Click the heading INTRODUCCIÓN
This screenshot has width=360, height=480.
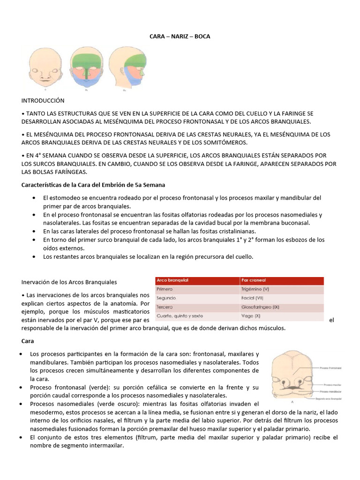(43, 100)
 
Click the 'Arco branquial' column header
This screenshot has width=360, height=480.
(172, 280)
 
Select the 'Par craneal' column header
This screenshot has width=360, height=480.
(254, 280)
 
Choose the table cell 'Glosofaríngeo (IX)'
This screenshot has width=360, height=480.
(260, 307)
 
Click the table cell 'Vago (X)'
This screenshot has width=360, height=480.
(251, 316)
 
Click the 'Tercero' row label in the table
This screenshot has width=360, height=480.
(165, 307)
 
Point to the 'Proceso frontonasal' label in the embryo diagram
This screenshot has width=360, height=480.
(333, 368)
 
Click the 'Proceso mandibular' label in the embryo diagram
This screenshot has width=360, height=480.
(333, 390)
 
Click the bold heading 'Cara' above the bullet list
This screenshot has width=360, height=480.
(28, 341)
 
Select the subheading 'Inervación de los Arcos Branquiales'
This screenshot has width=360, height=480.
(69, 282)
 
